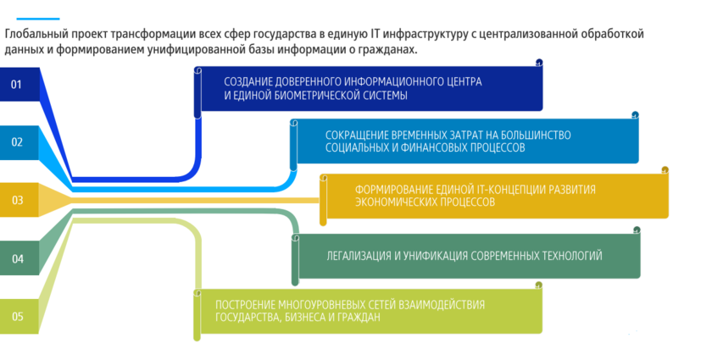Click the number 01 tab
pyautogui.click(x=17, y=84)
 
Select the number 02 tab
pyautogui.click(x=17, y=142)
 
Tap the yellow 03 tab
pyautogui.click(x=17, y=201)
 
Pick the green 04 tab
pyautogui.click(x=17, y=258)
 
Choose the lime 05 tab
pyautogui.click(x=17, y=317)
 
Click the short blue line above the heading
pyautogui.click(x=31, y=18)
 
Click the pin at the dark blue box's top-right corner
pyautogui.click(x=539, y=63)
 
